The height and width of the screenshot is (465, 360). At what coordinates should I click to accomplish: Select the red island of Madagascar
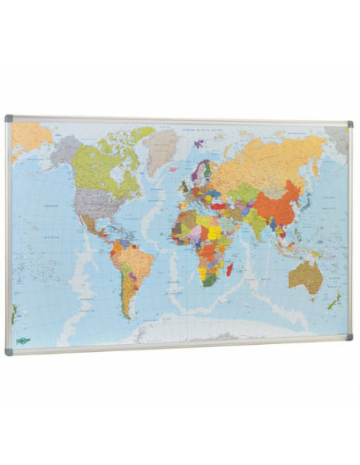(230, 271)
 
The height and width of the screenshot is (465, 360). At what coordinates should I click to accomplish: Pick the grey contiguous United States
(93, 205)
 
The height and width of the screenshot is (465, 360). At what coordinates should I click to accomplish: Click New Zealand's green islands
(336, 301)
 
